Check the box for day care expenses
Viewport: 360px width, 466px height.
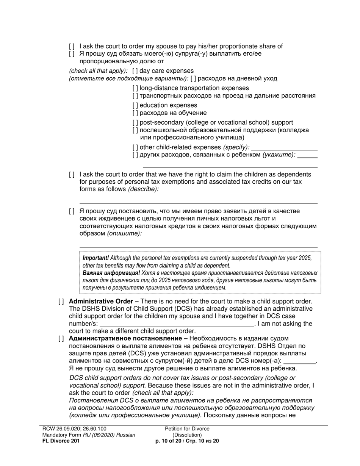coord(135,71)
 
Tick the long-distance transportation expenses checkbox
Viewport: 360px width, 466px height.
coord(135,88)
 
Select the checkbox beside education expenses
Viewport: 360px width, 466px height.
coord(135,105)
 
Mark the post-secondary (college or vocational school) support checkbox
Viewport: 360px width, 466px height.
coord(135,123)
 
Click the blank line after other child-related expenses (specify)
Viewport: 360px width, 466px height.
coord(284,147)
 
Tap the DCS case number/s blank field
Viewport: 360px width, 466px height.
coord(177,324)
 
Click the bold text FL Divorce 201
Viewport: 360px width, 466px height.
coord(61,441)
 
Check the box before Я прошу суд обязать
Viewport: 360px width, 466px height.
coord(72,54)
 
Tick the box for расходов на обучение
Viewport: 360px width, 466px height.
coord(135,113)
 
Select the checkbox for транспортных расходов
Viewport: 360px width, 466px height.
coord(135,96)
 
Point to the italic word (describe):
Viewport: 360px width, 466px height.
coord(143,189)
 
